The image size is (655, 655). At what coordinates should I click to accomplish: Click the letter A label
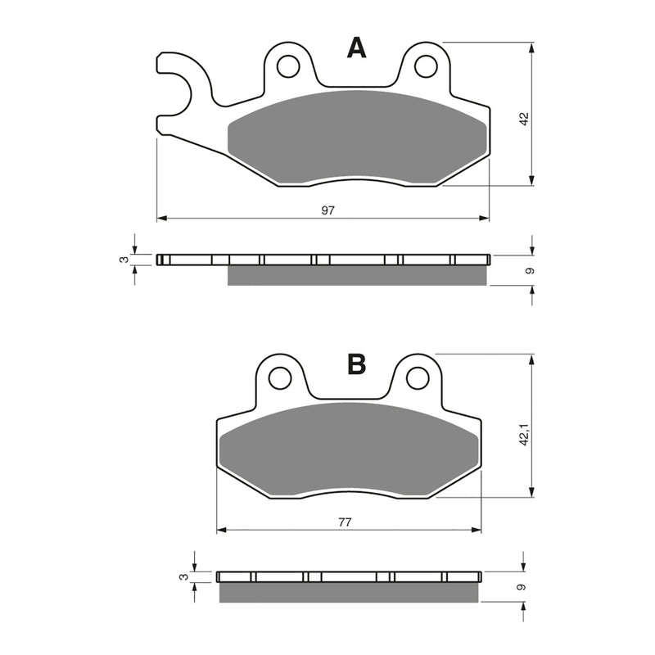pos(357,49)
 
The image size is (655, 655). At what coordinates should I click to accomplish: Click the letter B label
pos(356,364)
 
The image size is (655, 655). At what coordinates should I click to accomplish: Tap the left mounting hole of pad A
pos(287,65)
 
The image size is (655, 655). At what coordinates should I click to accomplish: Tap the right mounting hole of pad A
pos(425,65)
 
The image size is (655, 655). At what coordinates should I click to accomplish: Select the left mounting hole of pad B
pos(280,377)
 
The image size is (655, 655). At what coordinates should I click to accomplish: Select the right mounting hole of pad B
pos(418,377)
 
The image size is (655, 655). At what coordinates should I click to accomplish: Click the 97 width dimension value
pos(327,210)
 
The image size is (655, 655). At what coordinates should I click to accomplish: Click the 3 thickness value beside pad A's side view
pos(124,260)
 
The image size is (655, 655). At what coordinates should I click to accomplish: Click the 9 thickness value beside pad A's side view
pos(530,270)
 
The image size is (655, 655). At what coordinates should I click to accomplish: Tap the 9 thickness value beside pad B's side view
pos(519,586)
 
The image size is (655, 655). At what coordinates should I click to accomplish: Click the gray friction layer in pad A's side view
pos(357,276)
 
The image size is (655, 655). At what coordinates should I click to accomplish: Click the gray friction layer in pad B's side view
pos(349,592)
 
